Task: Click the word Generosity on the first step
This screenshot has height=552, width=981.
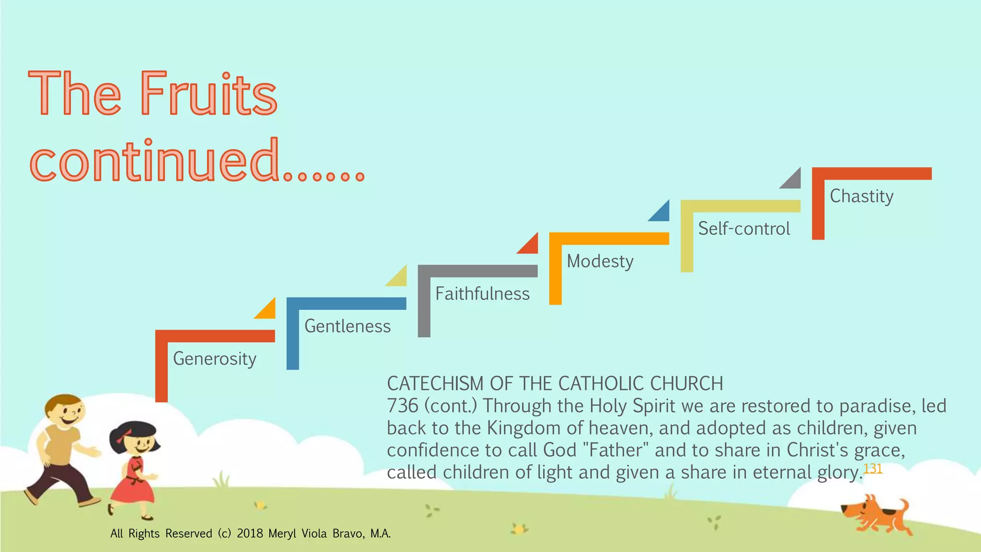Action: point(215,359)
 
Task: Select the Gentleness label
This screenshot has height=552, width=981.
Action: point(347,326)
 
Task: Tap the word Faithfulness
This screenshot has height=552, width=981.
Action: point(482,294)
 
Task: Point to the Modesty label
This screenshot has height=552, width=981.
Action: point(600,261)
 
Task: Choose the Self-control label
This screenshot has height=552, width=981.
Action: point(743,229)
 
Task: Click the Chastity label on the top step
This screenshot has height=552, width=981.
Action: point(861,196)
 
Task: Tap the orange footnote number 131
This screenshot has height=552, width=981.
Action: point(873,468)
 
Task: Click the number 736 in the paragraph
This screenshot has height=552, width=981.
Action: point(402,406)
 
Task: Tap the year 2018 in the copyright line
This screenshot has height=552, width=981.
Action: point(250,533)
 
